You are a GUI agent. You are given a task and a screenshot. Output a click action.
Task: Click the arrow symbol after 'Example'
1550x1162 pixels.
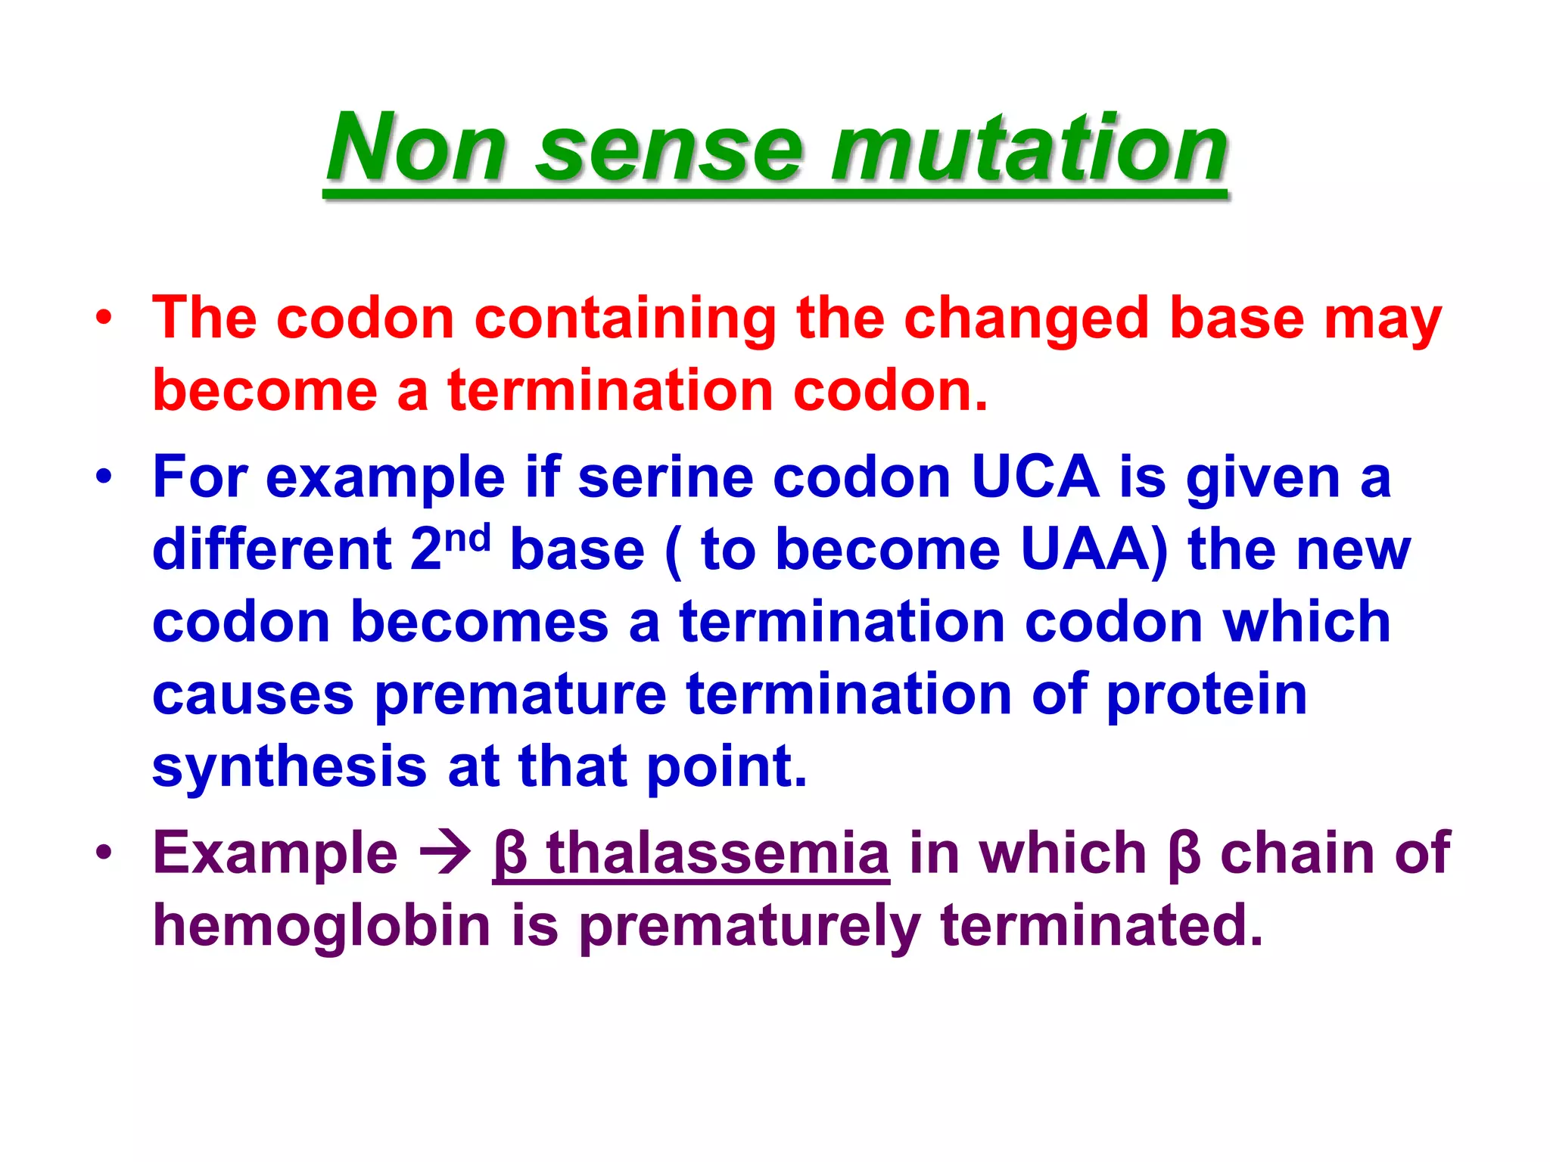click(x=445, y=853)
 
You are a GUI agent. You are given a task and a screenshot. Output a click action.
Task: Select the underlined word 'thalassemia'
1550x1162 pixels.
click(x=717, y=853)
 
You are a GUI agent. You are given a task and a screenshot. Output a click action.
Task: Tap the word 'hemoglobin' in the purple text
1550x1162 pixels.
click(x=322, y=926)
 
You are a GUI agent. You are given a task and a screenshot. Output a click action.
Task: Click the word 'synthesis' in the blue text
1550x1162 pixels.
click(x=289, y=767)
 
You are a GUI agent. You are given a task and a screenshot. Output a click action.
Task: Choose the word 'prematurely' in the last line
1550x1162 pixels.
click(x=750, y=927)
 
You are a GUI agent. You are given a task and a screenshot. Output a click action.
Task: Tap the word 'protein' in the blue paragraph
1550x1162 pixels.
click(x=1206, y=696)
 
